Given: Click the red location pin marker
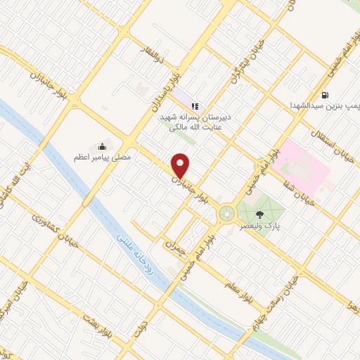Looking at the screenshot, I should click(181, 165).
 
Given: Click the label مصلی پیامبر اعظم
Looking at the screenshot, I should click(103, 159).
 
